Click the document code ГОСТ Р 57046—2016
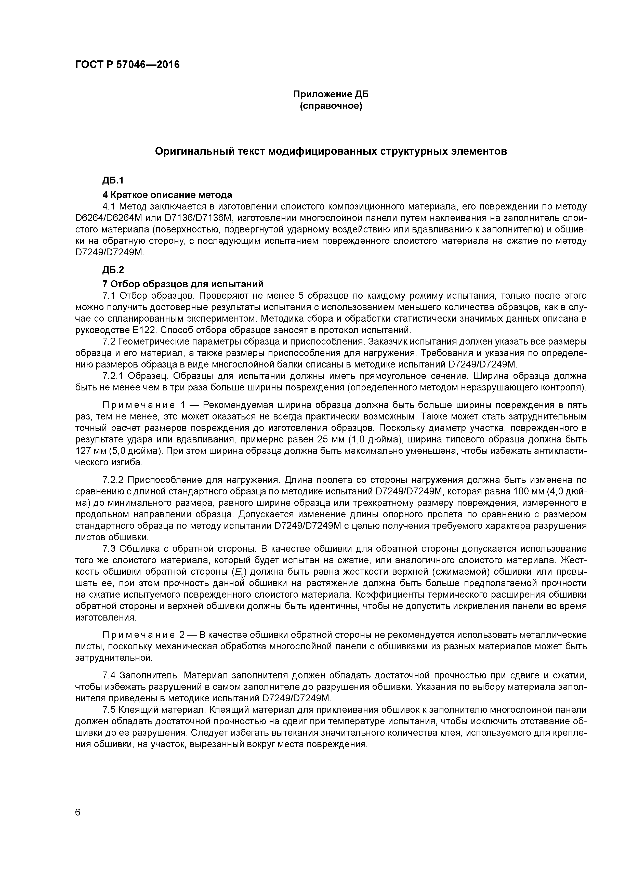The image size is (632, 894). pyautogui.click(x=127, y=65)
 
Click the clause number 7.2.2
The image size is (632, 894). pyautogui.click(x=113, y=479)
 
